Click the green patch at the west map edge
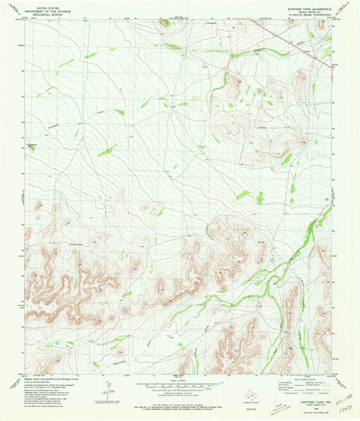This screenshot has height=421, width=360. [x=30, y=148]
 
